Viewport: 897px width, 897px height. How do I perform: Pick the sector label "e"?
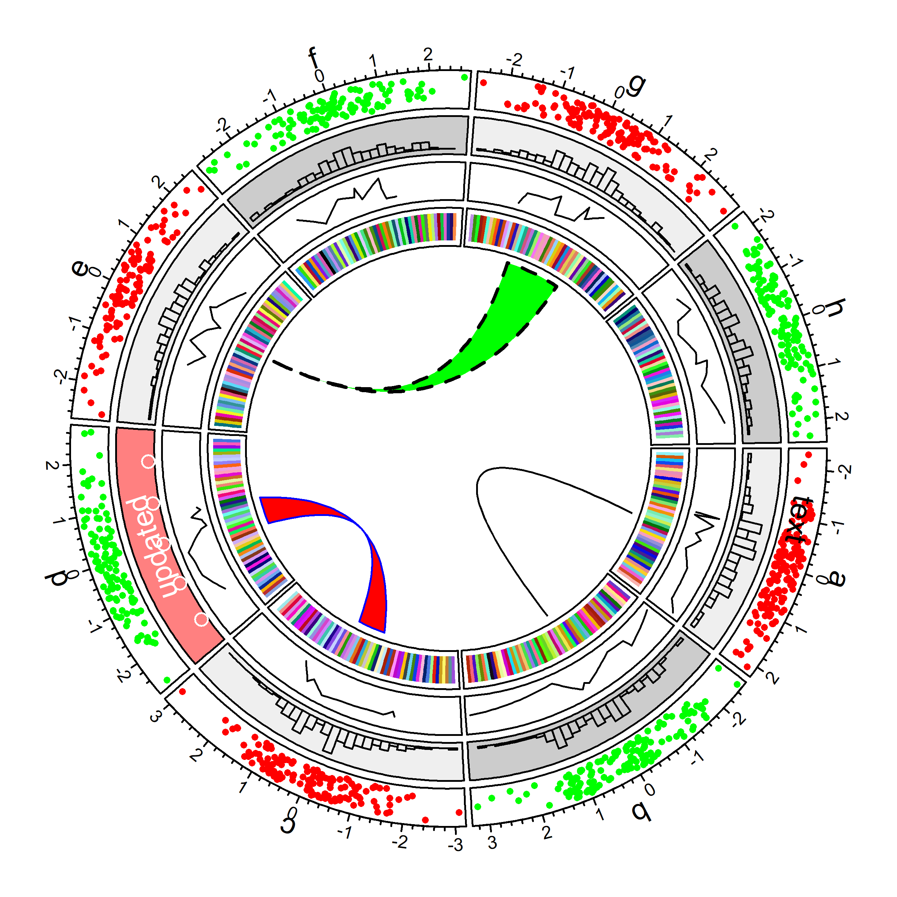pos(80,268)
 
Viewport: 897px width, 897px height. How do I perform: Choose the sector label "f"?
pos(314,58)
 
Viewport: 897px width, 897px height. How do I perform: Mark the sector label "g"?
pos(636,85)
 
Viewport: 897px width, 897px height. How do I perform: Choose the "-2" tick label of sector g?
pos(514,60)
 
